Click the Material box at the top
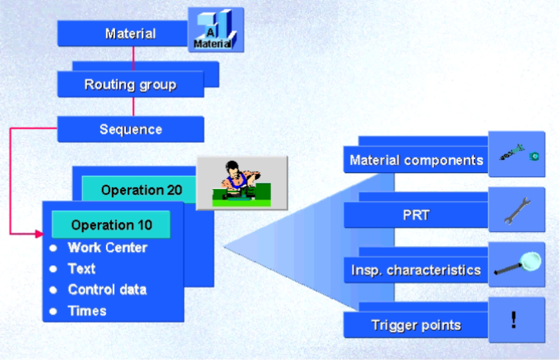pos(130,33)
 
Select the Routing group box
pos(130,85)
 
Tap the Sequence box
pos(130,129)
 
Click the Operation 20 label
pos(141,190)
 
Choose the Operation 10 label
pos(111,225)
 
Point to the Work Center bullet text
pos(107,248)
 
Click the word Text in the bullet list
pos(82,269)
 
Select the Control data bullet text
pos(107,290)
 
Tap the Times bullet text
pos(87,311)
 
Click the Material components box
pos(416,160)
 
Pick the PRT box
pos(416,215)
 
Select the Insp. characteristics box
pos(416,270)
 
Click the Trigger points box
pos(416,326)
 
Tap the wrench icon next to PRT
pos(516,210)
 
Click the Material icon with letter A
pos(215,30)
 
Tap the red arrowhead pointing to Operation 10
pos(38,233)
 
